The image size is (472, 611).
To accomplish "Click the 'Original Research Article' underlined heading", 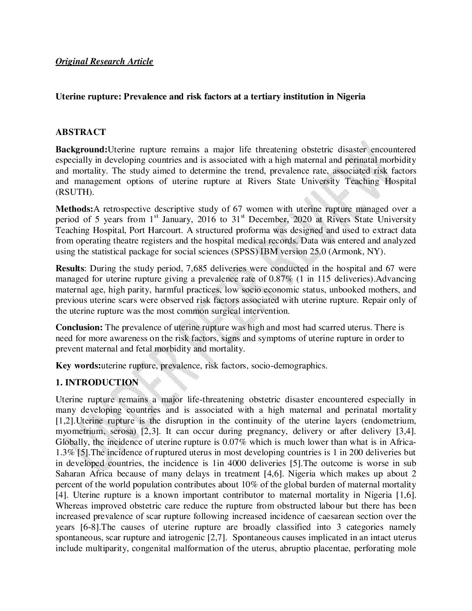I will [104, 61].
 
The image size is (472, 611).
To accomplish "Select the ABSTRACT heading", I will [80, 132].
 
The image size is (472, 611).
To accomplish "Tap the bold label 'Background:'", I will [81, 150].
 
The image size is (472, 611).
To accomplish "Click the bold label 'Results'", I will [69, 269].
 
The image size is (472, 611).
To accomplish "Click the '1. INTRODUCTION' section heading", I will [97, 382].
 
